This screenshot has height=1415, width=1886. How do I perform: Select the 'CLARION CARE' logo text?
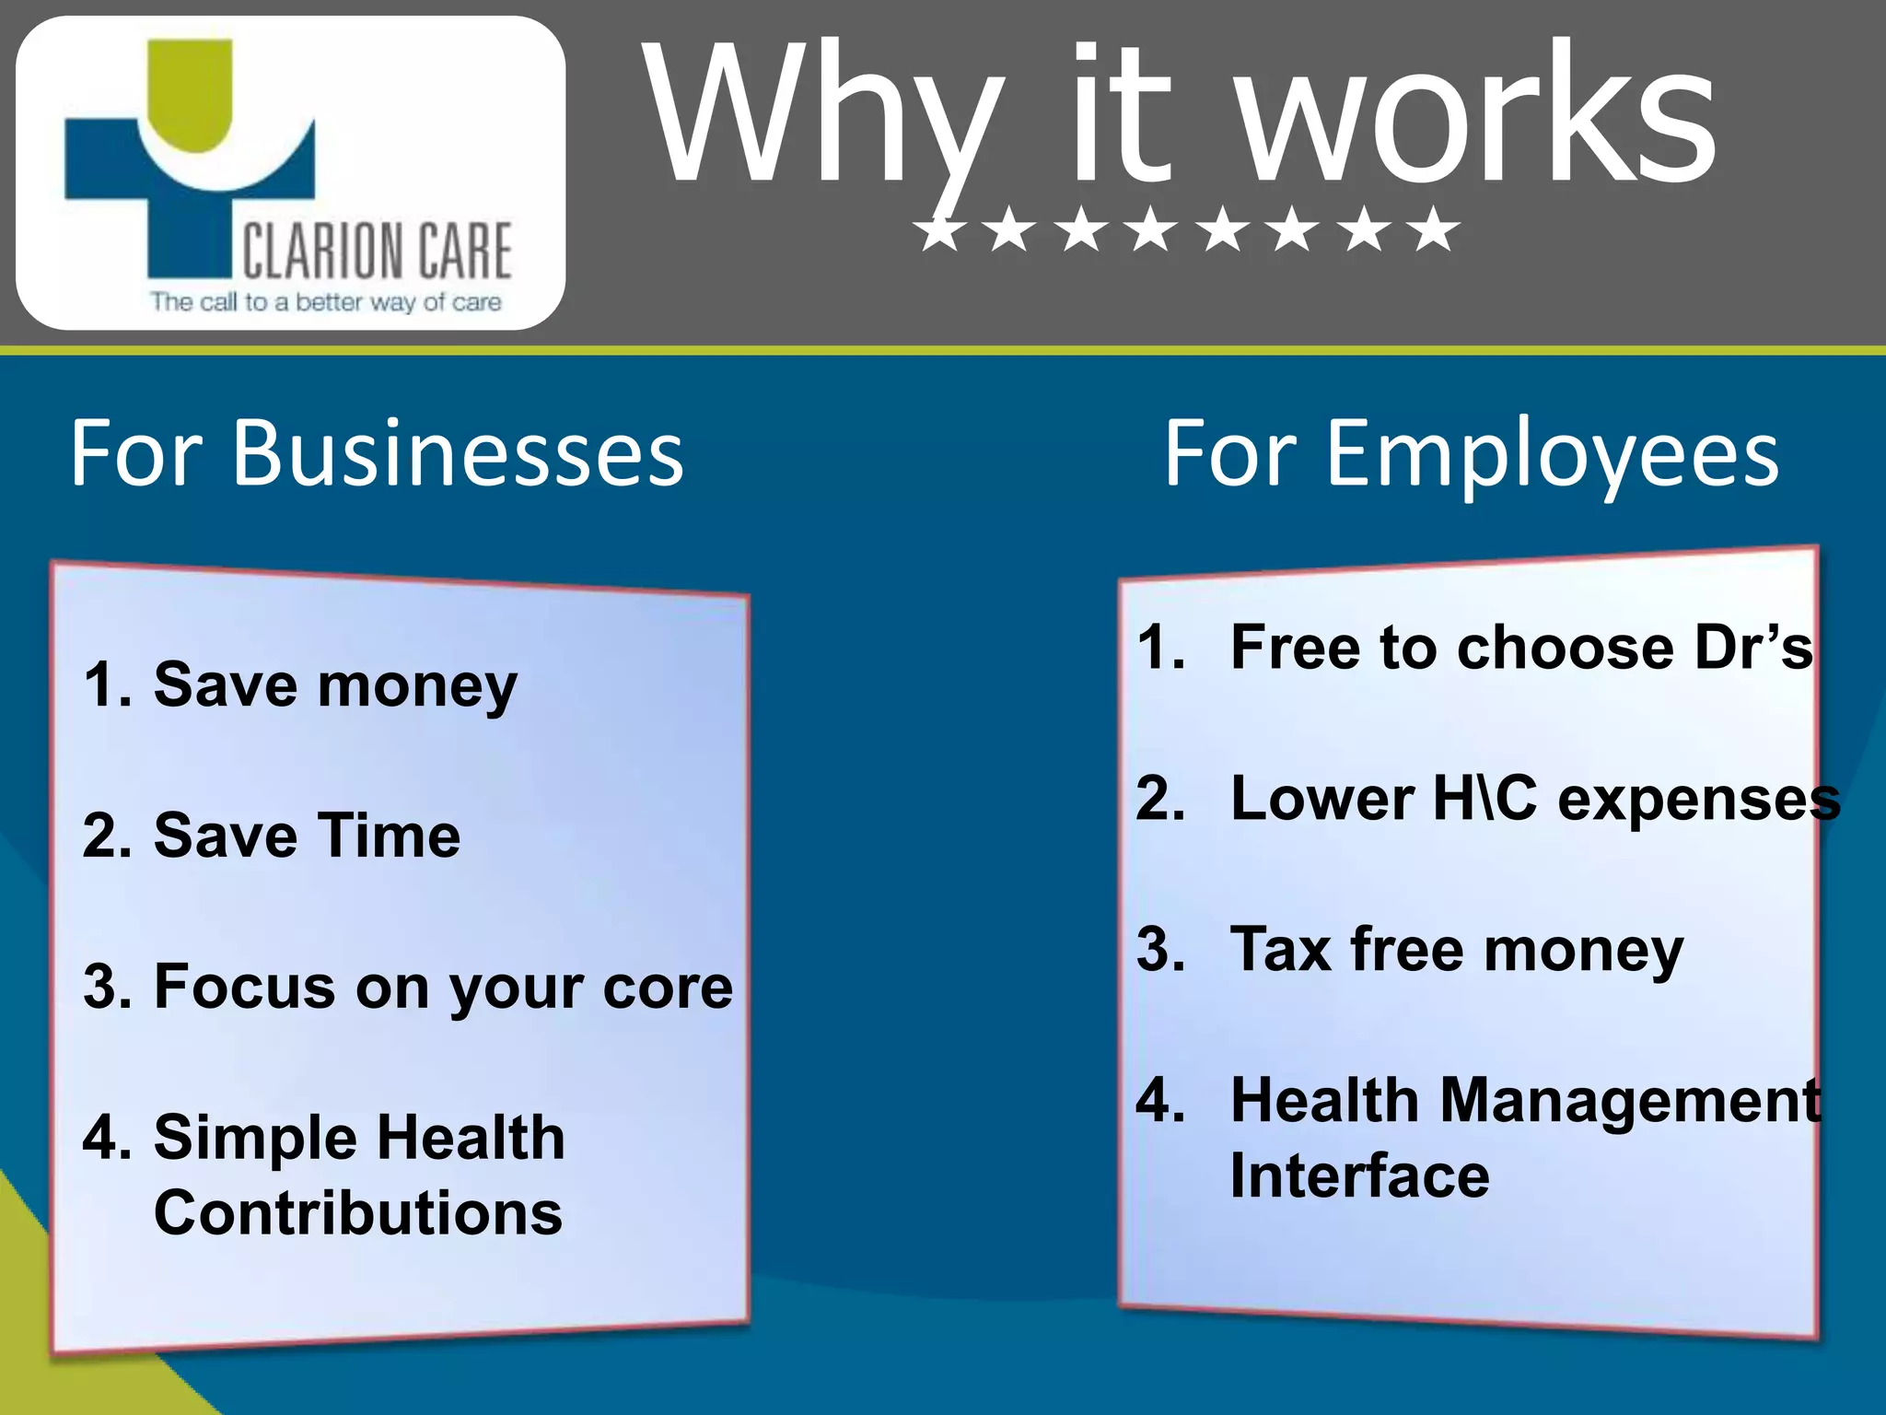pyautogui.click(x=377, y=251)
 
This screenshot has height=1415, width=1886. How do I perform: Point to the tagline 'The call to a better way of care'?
pyautogui.click(x=326, y=302)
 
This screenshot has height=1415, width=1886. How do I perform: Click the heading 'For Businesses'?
pyautogui.click(x=377, y=452)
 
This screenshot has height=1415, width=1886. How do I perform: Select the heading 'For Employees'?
pyautogui.click(x=1471, y=452)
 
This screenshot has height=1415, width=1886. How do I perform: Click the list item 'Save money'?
pyautogui.click(x=335, y=686)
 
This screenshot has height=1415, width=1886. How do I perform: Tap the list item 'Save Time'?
pyautogui.click(x=307, y=836)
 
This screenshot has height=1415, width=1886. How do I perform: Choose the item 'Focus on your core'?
pyautogui.click(x=443, y=988)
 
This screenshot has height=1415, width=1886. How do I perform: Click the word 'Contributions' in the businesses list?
pyautogui.click(x=358, y=1213)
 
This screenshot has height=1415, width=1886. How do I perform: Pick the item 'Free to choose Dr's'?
pyautogui.click(x=1521, y=648)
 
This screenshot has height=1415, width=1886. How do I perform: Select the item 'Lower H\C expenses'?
pyautogui.click(x=1535, y=799)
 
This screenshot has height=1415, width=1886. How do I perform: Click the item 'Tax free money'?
pyautogui.click(x=1457, y=950)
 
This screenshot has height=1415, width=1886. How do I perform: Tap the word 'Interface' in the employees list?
pyautogui.click(x=1359, y=1176)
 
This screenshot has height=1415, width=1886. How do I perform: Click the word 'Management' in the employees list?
pyautogui.click(x=1630, y=1101)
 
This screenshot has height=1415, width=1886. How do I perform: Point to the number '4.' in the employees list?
pyautogui.click(x=1160, y=1101)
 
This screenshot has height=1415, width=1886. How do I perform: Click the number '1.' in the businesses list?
pyautogui.click(x=108, y=686)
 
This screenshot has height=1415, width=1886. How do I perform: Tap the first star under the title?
pyautogui.click(x=939, y=229)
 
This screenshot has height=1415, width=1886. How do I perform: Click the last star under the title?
pyautogui.click(x=1434, y=229)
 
